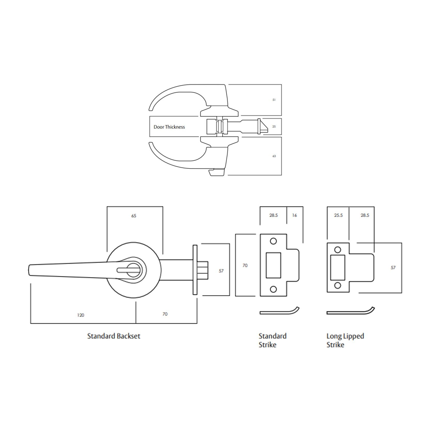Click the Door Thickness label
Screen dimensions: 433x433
tap(169, 127)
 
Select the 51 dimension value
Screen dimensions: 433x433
tap(274, 100)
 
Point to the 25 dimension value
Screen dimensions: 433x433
tap(274, 127)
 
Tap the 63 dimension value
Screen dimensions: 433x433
tap(274, 156)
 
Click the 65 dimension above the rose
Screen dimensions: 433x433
tap(134, 216)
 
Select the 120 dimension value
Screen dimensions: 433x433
tap(81, 315)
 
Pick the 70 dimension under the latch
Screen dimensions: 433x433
tap(165, 314)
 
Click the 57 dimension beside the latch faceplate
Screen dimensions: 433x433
tap(221, 271)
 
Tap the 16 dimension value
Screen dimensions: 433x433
tap(295, 215)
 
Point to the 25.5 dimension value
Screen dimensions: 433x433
tap(338, 215)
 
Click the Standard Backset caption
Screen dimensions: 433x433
tap(114, 336)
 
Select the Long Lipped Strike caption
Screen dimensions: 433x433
tap(345, 340)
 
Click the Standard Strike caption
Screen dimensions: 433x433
tap(272, 340)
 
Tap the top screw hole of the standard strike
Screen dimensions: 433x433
tap(273, 241)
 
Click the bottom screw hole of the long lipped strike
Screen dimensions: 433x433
tap(338, 285)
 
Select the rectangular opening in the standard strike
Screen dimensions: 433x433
tap(273, 265)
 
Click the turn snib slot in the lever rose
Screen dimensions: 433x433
tap(128, 270)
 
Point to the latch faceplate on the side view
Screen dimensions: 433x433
tap(195, 270)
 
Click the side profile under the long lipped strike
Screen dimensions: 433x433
tap(350, 312)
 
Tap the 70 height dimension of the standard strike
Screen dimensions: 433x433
tap(245, 265)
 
